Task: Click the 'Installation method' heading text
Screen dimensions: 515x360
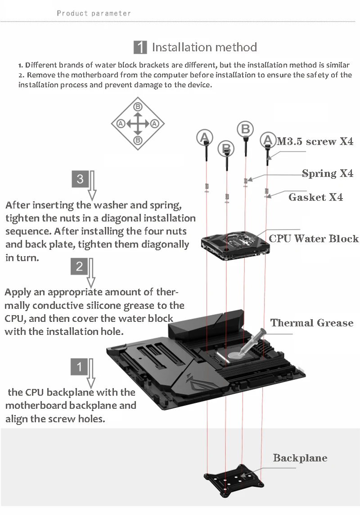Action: [204, 47]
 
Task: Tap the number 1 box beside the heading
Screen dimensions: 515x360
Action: [140, 47]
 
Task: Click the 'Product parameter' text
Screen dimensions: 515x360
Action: [94, 13]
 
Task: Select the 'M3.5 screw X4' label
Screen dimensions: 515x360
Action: [315, 142]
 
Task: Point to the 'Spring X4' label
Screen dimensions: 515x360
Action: [328, 173]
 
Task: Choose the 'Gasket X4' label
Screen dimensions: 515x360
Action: [315, 197]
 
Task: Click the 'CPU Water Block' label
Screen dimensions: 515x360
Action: [314, 239]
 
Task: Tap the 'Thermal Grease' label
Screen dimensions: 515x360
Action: [312, 323]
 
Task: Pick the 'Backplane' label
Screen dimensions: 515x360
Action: [300, 458]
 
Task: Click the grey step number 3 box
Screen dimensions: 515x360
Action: [80, 179]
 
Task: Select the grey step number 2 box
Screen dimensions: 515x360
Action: [79, 267]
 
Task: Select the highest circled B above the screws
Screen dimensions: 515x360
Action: [245, 129]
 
